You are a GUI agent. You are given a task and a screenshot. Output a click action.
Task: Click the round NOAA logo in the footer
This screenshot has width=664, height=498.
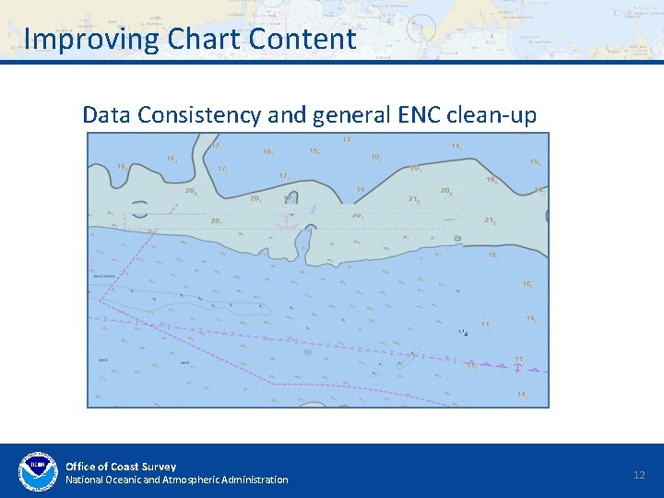pyautogui.click(x=38, y=471)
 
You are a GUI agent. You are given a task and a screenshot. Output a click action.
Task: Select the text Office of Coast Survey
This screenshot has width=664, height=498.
pyautogui.click(x=121, y=466)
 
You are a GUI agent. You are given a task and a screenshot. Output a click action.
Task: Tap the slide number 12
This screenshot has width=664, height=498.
pyautogui.click(x=639, y=474)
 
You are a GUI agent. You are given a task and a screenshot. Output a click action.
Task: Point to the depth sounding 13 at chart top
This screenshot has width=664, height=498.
pyautogui.click(x=348, y=140)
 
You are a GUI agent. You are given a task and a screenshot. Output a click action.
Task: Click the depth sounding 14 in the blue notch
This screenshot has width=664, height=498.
pyautogui.click(x=361, y=190)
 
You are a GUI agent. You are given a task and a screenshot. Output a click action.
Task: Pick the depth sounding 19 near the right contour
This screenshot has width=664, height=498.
pyautogui.click(x=491, y=181)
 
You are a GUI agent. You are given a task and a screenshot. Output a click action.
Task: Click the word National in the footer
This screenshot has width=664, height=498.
pyautogui.click(x=84, y=480)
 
